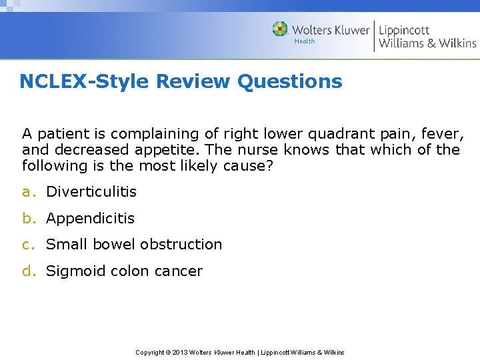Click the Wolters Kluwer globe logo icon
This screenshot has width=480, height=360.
pyautogui.click(x=280, y=29)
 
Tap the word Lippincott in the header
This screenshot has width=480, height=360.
pyautogui.click(x=404, y=30)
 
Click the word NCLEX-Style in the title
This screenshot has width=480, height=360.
pyautogui.click(x=85, y=81)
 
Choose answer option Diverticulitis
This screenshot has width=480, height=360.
pyautogui.click(x=91, y=192)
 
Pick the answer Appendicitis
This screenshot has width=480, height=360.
pyautogui.click(x=90, y=219)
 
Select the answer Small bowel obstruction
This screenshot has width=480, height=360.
pyautogui.click(x=134, y=245)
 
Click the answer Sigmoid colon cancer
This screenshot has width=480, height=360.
pyautogui.click(x=124, y=271)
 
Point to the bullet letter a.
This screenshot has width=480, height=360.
pyautogui.click(x=27, y=192)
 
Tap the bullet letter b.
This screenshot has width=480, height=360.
pyautogui.click(x=27, y=219)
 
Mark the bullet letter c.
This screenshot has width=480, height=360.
pyautogui.click(x=27, y=245)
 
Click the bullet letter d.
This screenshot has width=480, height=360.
pyautogui.click(x=27, y=271)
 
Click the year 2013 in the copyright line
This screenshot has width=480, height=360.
pyautogui.click(x=181, y=352)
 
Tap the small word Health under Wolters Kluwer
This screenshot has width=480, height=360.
pyautogui.click(x=304, y=41)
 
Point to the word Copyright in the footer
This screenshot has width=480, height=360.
pyautogui.click(x=150, y=352)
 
